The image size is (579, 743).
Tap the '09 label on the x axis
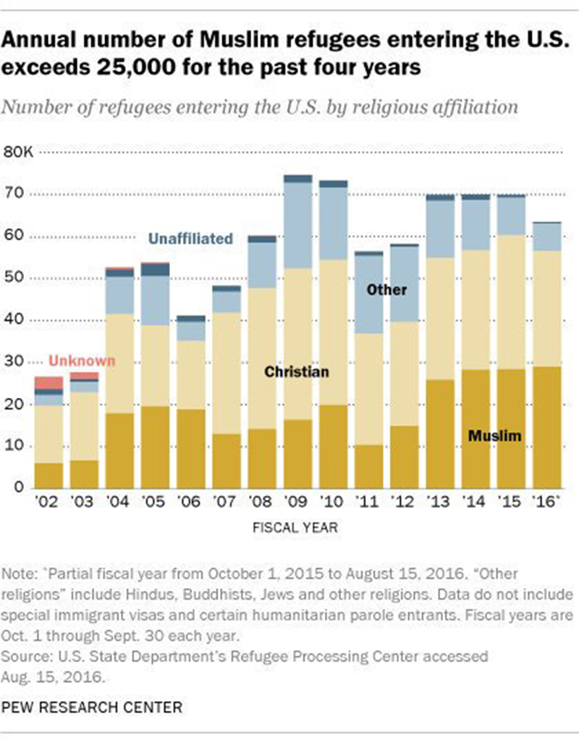pyautogui.click(x=297, y=501)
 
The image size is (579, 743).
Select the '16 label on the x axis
pyautogui.click(x=548, y=501)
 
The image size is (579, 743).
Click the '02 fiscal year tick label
pyautogui.click(x=48, y=501)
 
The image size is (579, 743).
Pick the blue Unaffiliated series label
pyautogui.click(x=190, y=238)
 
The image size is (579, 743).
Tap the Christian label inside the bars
pyautogui.click(x=296, y=372)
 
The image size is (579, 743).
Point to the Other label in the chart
pyautogui.click(x=386, y=289)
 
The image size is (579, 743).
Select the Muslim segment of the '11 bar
pyautogui.click(x=368, y=467)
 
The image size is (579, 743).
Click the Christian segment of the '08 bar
pyautogui.click(x=261, y=358)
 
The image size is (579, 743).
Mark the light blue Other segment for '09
pyautogui.click(x=297, y=225)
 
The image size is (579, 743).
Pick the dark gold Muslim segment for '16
pyautogui.click(x=547, y=427)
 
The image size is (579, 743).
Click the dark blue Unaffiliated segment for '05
pyautogui.click(x=155, y=270)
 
